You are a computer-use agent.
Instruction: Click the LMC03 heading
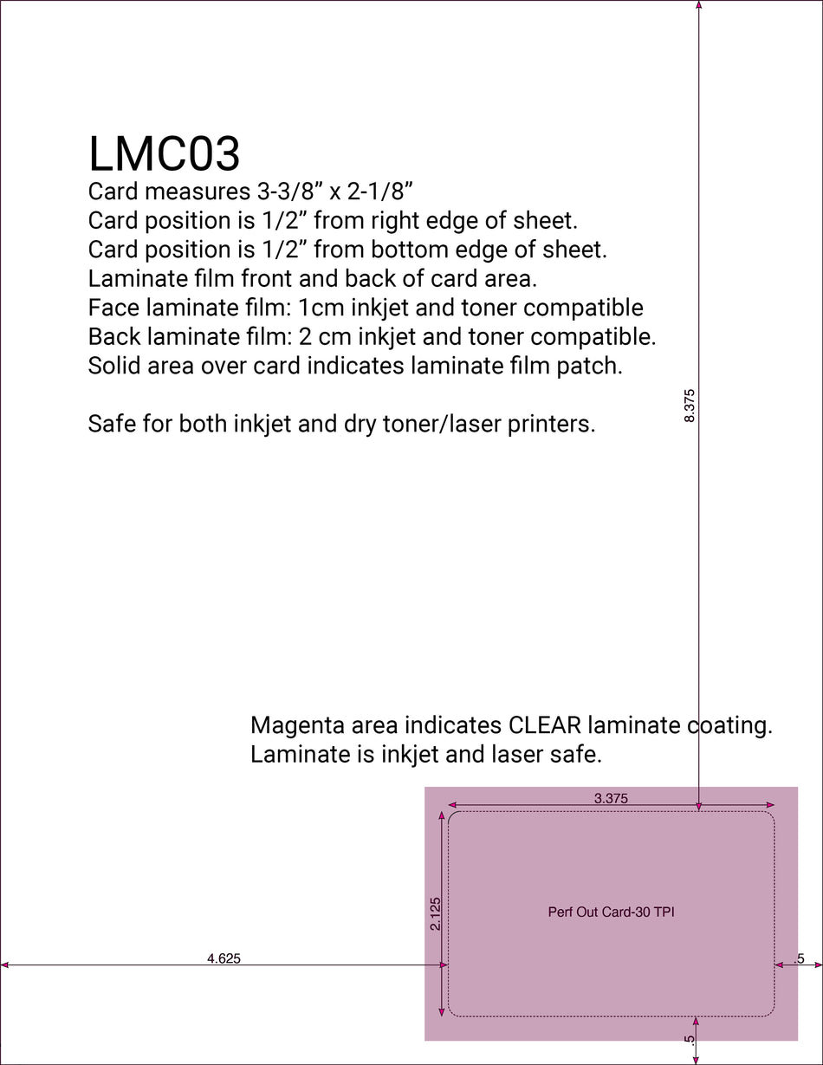[x=164, y=154]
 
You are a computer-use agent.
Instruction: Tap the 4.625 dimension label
[x=224, y=958]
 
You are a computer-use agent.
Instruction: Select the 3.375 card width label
[x=611, y=799]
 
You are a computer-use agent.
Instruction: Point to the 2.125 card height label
[x=436, y=913]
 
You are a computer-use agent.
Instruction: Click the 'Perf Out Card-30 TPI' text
[x=611, y=912]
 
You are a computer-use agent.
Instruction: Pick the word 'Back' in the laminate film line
[x=115, y=336]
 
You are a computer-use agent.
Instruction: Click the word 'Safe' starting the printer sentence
[x=113, y=425]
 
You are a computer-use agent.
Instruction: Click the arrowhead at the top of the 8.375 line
[x=699, y=5]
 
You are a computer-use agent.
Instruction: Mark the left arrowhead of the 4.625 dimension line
[x=5, y=964]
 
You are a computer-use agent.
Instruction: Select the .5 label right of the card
[x=799, y=958]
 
